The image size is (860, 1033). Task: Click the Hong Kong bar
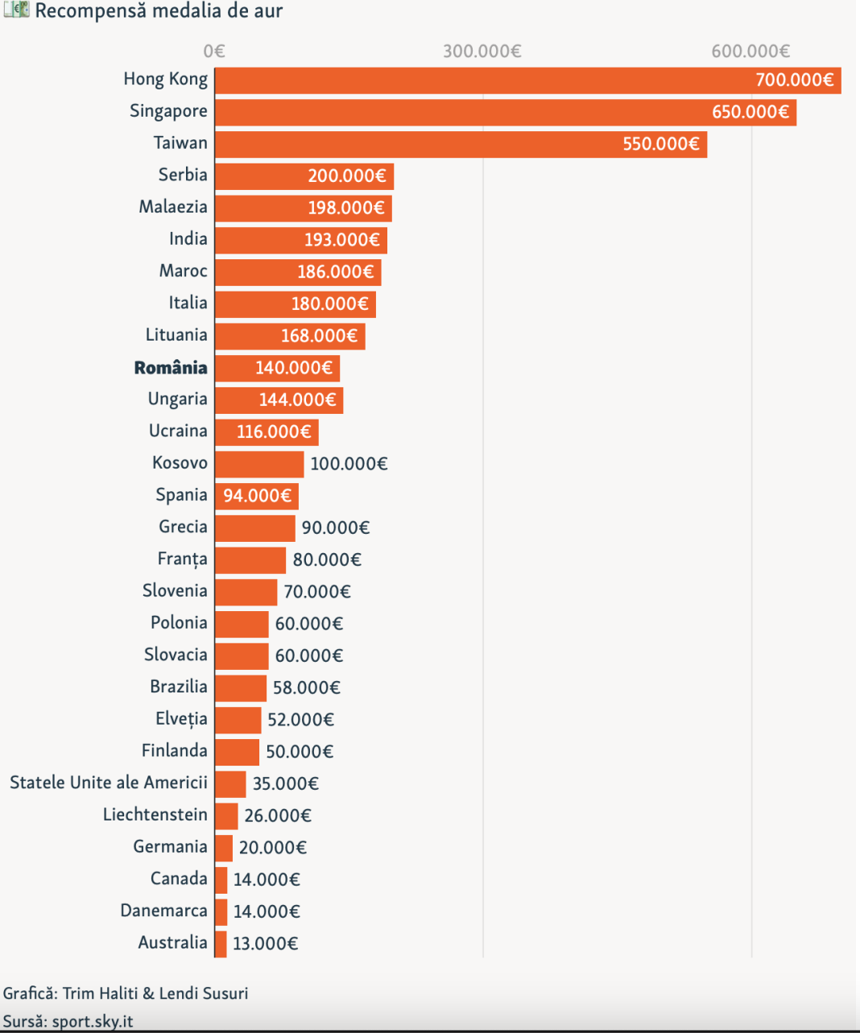(x=483, y=81)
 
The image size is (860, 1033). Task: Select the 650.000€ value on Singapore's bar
(x=750, y=112)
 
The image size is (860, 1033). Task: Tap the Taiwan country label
(x=180, y=143)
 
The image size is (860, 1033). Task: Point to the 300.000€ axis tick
(x=482, y=52)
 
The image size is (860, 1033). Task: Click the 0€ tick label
(x=214, y=52)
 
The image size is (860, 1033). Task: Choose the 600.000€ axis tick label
(x=750, y=52)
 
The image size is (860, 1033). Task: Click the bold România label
(x=171, y=368)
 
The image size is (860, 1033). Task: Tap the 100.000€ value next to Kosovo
(x=349, y=464)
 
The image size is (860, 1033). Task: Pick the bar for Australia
(x=221, y=944)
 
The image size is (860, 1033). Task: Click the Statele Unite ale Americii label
(x=109, y=783)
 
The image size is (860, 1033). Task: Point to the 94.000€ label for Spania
(x=257, y=496)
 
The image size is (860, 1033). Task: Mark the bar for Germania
(x=224, y=848)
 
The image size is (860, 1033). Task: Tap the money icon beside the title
(x=16, y=10)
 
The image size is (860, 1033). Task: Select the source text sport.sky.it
(x=93, y=1022)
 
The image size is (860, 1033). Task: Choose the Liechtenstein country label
(x=155, y=815)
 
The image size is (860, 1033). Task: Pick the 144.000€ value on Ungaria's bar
(x=297, y=400)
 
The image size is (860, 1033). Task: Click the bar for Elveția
(x=238, y=720)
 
